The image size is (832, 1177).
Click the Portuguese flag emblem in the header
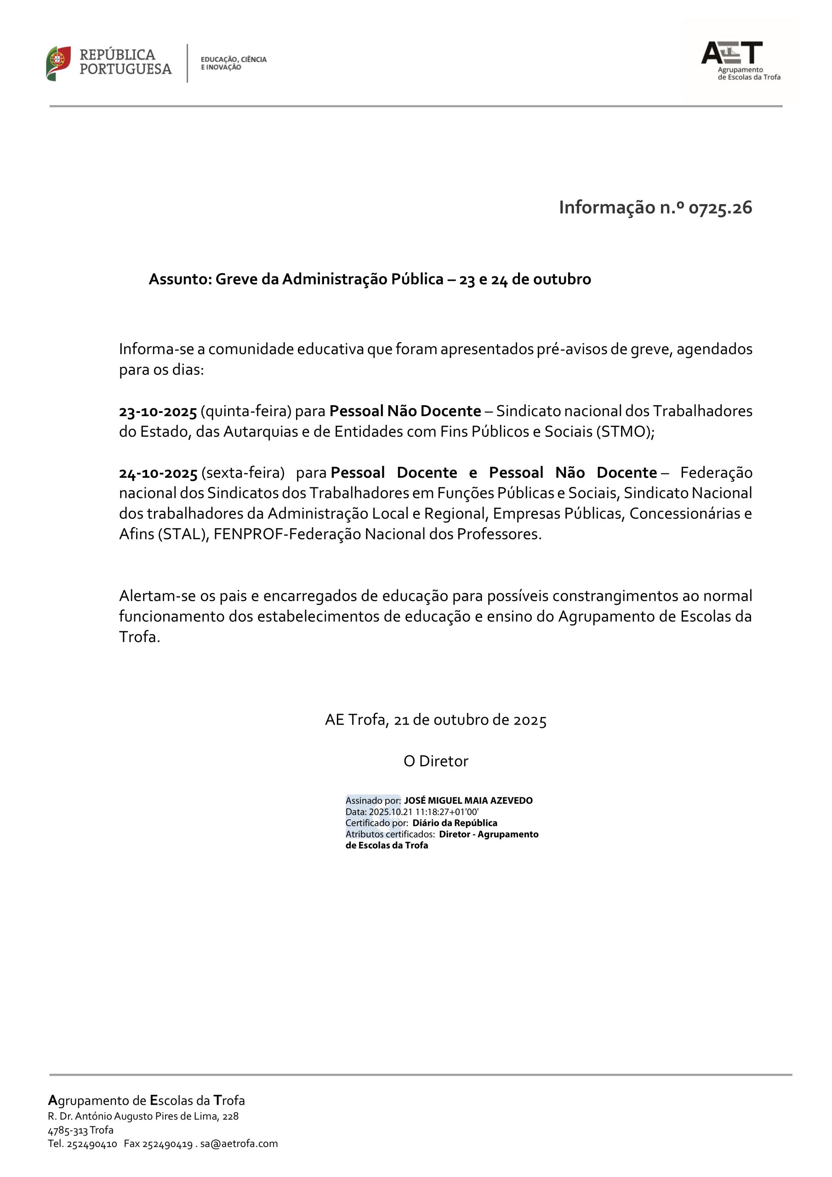point(58,63)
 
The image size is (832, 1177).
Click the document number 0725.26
point(720,208)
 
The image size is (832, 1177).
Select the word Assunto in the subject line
point(179,280)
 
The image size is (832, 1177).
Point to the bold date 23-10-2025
point(158,411)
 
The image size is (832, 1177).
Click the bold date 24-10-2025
point(158,473)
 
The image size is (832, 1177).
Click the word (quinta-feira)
point(246,411)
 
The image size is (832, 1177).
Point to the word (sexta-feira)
point(243,473)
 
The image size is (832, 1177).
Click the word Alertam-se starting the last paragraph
point(157,596)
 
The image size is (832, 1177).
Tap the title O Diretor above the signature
point(436,761)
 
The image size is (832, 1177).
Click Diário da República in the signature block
point(455,823)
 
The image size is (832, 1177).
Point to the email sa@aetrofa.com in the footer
point(239,1144)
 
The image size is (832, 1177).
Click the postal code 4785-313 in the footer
point(68,1130)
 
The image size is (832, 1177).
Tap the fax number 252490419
point(167,1144)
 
